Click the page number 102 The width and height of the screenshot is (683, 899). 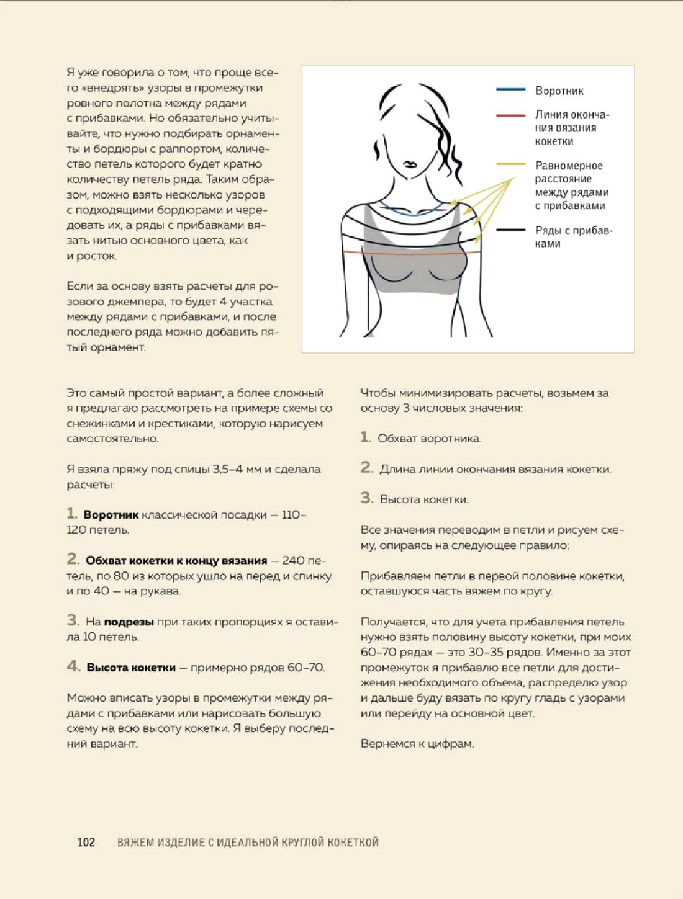(x=86, y=842)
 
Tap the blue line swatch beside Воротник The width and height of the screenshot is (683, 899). (x=510, y=90)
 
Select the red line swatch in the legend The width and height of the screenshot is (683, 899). (x=510, y=115)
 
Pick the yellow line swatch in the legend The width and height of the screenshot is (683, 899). (x=510, y=164)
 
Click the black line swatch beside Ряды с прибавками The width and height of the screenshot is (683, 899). (x=510, y=230)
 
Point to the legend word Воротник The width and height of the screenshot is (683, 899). (x=559, y=91)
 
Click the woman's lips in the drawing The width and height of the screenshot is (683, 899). (x=410, y=165)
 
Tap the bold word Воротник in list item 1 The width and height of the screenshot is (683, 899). (x=111, y=515)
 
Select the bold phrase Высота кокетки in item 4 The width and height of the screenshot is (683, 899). (x=131, y=668)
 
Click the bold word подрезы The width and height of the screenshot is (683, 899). (x=129, y=622)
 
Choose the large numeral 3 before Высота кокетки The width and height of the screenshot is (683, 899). (x=366, y=498)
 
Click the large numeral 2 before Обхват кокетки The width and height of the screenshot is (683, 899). (x=73, y=559)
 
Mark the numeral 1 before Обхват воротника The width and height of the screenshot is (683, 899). (x=365, y=437)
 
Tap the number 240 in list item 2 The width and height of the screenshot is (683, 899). (x=293, y=560)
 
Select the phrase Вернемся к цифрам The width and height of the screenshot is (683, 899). (x=417, y=743)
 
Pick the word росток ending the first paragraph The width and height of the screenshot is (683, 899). (x=96, y=256)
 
